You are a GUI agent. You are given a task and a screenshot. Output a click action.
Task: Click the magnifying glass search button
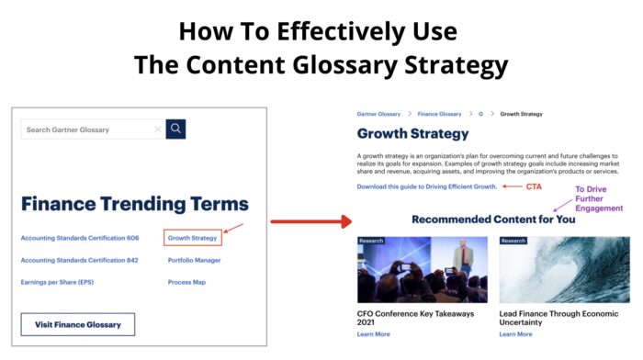pyautogui.click(x=175, y=129)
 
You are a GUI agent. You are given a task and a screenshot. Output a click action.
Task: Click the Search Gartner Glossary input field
pyautogui.click(x=87, y=129)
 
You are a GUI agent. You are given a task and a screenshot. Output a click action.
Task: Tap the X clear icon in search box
pyautogui.click(x=158, y=129)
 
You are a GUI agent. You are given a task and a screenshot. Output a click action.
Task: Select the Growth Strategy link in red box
pyautogui.click(x=193, y=238)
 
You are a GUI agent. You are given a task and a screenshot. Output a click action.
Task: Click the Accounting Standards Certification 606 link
pyautogui.click(x=79, y=238)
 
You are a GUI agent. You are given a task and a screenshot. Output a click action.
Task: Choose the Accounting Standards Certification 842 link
pyautogui.click(x=79, y=260)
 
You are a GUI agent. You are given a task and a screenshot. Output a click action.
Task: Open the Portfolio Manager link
pyautogui.click(x=194, y=260)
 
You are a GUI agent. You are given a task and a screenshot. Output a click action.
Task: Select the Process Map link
pyautogui.click(x=186, y=282)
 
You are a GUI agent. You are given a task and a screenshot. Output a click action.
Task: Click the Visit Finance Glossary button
pyautogui.click(x=78, y=325)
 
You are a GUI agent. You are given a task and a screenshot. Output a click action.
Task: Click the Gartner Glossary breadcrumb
pyautogui.click(x=378, y=114)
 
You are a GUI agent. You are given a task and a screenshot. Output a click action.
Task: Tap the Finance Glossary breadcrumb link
pyautogui.click(x=439, y=114)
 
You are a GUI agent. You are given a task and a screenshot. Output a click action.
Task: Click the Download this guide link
pyautogui.click(x=427, y=186)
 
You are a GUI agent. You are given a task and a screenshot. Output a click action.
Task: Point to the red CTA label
pyautogui.click(x=534, y=186)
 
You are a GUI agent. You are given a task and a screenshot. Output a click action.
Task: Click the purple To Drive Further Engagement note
pyautogui.click(x=599, y=198)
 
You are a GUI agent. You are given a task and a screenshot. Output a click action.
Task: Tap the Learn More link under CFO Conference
pyautogui.click(x=373, y=334)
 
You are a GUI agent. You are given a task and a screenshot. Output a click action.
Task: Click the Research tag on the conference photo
pyautogui.click(x=371, y=241)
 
